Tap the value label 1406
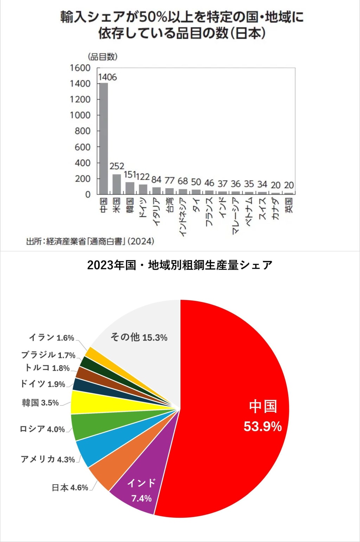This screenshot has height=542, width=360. click(x=107, y=77)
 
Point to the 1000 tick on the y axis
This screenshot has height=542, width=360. click(x=80, y=115)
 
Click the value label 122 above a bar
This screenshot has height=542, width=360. click(x=143, y=177)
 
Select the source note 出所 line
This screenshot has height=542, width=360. click(x=90, y=241)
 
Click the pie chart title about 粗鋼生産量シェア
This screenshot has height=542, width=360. click(x=180, y=265)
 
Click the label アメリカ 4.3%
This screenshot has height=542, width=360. click(x=48, y=459)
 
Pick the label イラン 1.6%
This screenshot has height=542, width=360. click(x=51, y=337)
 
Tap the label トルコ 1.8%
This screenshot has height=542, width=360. click(x=47, y=368)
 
